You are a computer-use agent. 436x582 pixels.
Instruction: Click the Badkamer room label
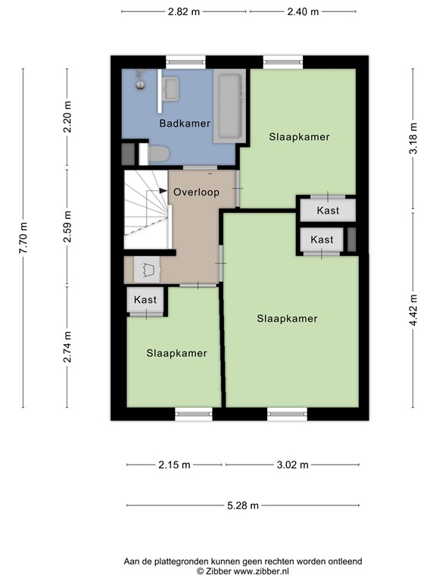(184, 123)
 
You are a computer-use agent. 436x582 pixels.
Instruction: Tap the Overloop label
(196, 192)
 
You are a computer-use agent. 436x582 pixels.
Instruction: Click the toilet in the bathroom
(158, 155)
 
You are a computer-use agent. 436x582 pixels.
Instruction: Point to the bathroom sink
(170, 89)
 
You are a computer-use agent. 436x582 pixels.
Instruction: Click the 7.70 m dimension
(23, 236)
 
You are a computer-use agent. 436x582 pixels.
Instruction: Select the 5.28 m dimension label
(243, 505)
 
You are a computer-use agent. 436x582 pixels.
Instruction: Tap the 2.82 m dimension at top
(185, 11)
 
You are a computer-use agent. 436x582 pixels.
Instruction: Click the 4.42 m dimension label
(413, 309)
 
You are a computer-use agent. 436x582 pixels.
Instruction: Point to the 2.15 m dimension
(175, 465)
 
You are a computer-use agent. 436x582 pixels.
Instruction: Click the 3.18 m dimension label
(413, 139)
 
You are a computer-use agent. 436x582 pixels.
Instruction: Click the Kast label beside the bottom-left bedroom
(145, 300)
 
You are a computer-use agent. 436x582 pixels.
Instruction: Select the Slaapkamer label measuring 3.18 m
(299, 137)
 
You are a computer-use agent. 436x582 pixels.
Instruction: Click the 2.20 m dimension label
(67, 117)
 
